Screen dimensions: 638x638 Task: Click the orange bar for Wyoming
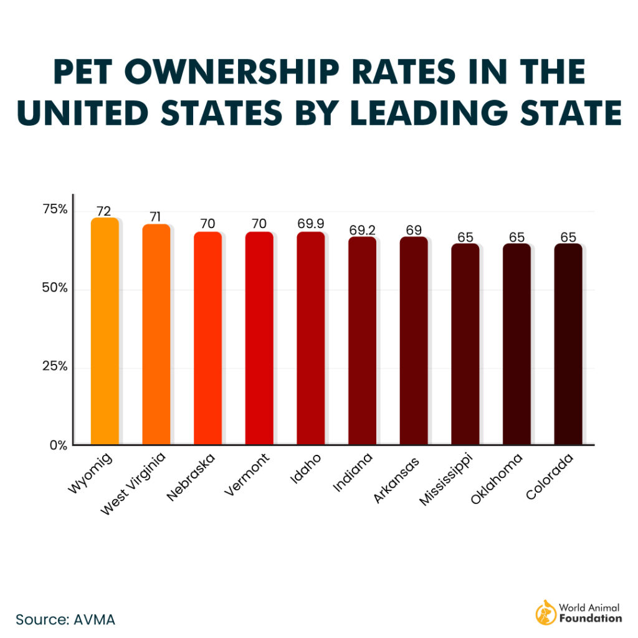pos(105,331)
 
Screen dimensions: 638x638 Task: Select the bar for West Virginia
pos(156,334)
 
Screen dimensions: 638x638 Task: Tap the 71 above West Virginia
pos(156,217)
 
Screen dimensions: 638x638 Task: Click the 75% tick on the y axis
pos(54,209)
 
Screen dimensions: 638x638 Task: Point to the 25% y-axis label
pos(54,366)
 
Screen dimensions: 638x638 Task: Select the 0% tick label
pos(59,445)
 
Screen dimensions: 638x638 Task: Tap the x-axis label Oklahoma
pos(497,478)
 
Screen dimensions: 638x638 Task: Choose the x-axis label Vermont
pos(247,475)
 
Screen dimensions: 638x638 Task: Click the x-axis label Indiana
pos(352,474)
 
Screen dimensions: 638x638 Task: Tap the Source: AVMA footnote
pos(65,619)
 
